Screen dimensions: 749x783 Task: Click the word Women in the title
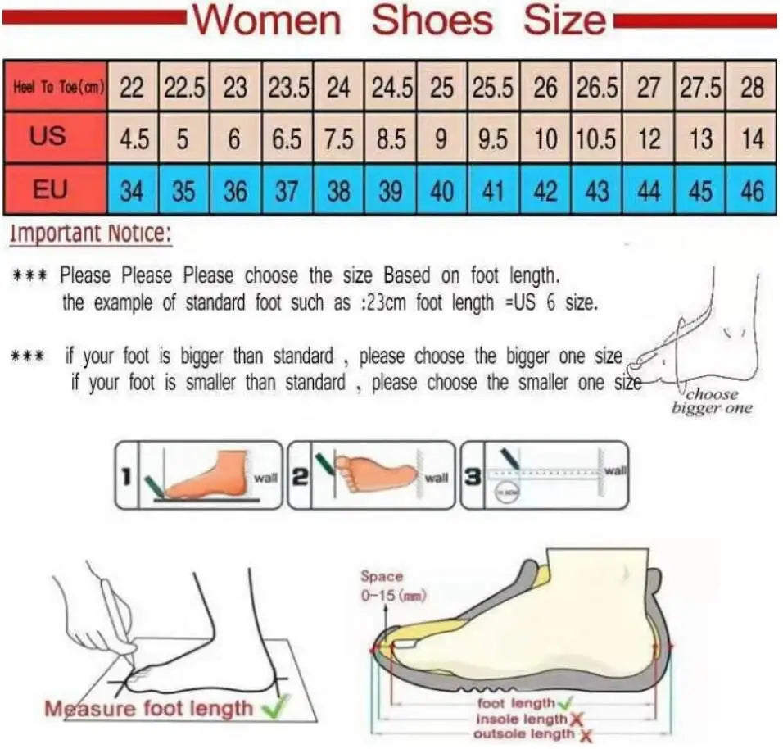[266, 20]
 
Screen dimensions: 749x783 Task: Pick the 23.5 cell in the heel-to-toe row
[286, 88]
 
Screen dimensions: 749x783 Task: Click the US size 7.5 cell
[337, 138]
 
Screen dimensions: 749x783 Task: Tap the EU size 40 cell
[441, 191]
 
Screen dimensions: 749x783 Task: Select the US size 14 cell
[751, 138]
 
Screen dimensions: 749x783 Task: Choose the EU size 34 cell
[131, 191]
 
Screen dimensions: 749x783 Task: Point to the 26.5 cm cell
[596, 88]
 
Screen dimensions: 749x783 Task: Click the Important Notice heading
[91, 235]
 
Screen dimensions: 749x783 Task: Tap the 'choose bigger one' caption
[711, 401]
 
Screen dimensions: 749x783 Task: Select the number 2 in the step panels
[300, 476]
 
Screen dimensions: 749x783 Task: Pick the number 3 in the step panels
[473, 476]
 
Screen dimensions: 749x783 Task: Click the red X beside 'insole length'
[576, 719]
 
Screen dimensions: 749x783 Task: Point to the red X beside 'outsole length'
[585, 735]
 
